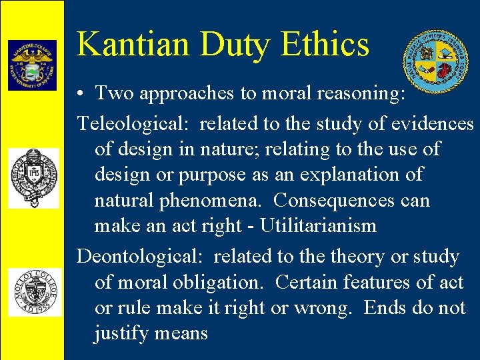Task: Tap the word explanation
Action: pos(348,175)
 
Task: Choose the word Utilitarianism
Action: pos(318,225)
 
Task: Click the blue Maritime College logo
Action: pos(32,65)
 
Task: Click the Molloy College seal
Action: pos(33,292)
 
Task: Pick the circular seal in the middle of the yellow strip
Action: pos(33,178)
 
